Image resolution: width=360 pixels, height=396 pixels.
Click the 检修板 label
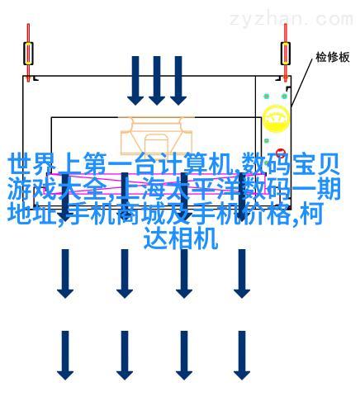point(332,57)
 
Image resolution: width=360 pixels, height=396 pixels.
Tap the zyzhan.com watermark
point(291,20)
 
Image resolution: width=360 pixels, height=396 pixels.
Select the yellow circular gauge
point(276,119)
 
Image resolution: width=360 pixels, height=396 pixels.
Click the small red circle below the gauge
point(281,153)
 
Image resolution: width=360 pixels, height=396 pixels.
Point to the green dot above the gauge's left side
point(267,97)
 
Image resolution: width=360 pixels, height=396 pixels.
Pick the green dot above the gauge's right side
point(285,97)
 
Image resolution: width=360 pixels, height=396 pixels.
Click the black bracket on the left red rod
point(28,54)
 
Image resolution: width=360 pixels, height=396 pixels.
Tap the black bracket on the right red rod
point(286,54)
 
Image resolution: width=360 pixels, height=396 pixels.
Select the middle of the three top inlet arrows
point(157,81)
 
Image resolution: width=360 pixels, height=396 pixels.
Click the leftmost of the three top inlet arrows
point(135,81)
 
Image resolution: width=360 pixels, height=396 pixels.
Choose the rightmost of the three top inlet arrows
point(178,81)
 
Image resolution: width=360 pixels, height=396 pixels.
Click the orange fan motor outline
point(157,134)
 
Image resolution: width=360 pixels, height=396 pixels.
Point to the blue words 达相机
point(181,238)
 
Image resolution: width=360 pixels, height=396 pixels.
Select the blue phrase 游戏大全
point(57,189)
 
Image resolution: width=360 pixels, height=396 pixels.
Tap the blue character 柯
point(311,214)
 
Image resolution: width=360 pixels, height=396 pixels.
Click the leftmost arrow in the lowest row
point(65,355)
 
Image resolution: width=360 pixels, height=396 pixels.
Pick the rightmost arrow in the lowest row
point(242,355)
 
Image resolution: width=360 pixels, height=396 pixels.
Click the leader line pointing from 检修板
point(302,82)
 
